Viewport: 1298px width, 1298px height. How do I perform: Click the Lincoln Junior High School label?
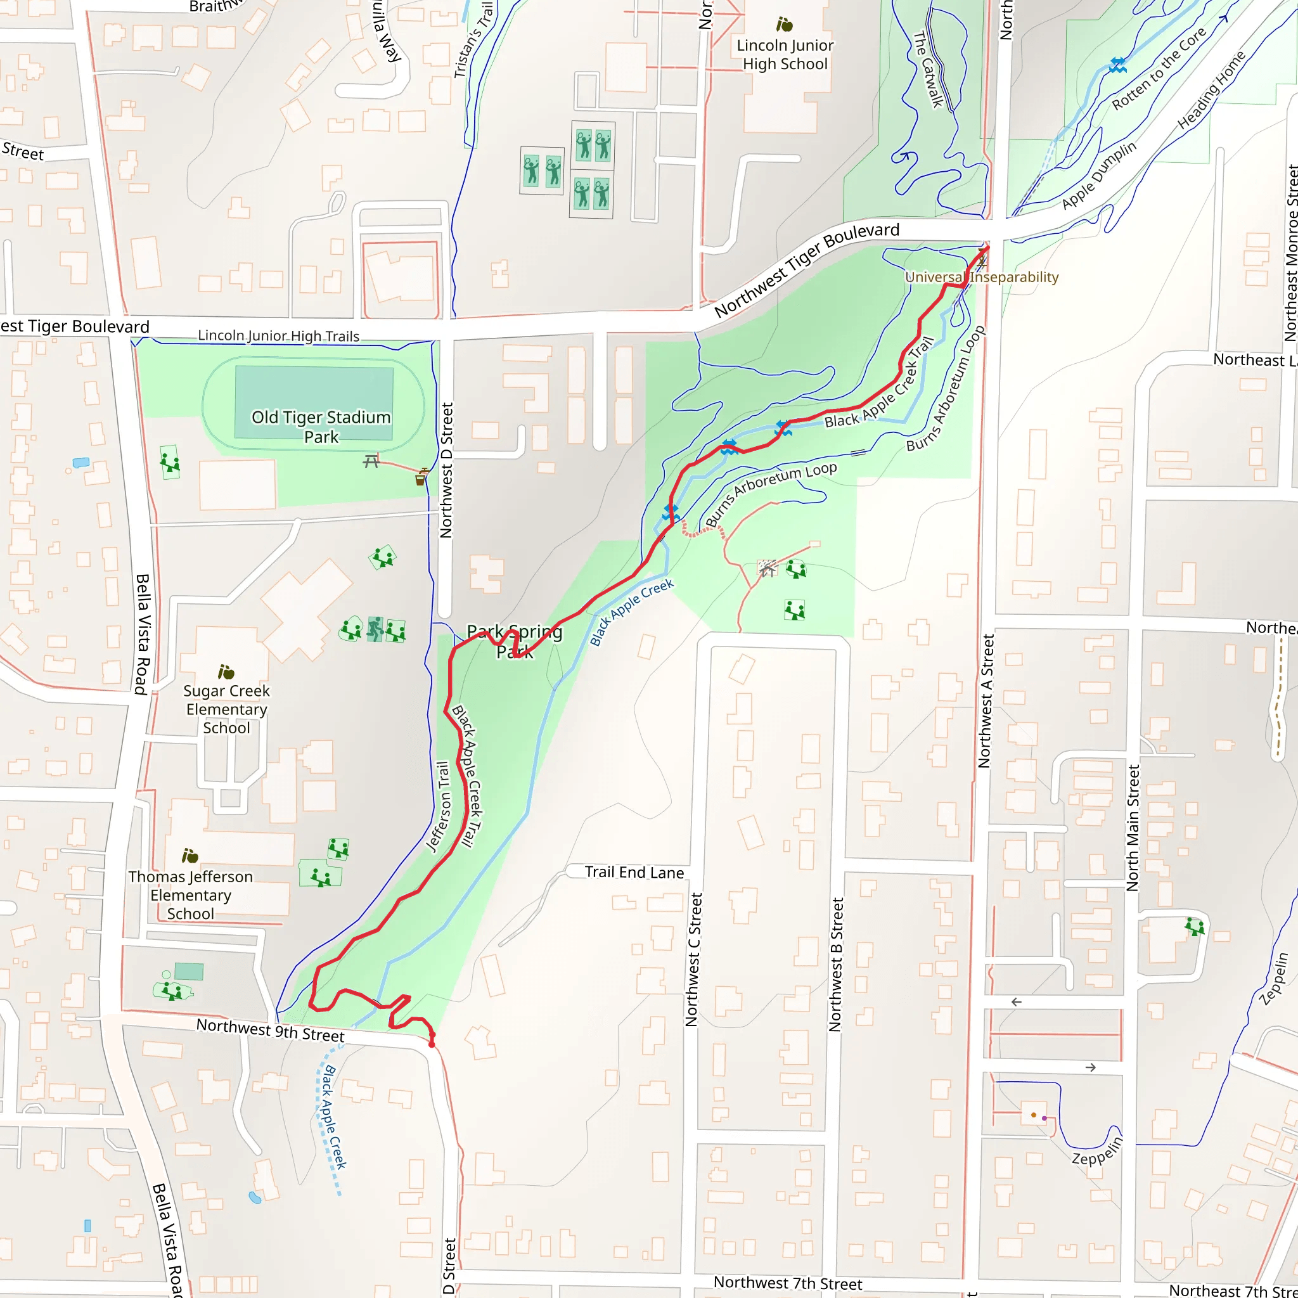pos(785,55)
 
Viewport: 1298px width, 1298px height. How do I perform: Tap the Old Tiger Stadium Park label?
pos(321,427)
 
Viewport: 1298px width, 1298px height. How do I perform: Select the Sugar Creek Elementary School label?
pos(226,709)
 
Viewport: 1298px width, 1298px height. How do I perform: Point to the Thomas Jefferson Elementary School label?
pos(191,895)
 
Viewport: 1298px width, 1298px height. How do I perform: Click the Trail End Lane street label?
pos(634,872)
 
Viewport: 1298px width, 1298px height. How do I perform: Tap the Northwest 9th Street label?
pos(270,1029)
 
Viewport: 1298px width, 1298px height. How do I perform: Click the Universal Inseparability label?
pos(981,277)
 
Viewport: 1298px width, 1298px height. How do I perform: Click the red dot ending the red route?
pos(432,1044)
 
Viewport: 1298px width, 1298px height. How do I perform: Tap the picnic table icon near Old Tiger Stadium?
pos(371,461)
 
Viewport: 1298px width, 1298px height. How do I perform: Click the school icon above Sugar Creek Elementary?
pos(226,672)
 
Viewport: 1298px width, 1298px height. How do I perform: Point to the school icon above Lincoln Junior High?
pos(784,25)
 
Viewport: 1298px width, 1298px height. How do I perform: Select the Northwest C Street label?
pos(693,960)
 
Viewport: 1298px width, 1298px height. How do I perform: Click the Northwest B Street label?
pos(835,964)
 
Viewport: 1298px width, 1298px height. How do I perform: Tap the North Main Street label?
pos(1133,828)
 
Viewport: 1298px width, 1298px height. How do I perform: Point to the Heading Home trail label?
pos(1211,89)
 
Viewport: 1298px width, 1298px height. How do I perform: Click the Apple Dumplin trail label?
pos(1099,175)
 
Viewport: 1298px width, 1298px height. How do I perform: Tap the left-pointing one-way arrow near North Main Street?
pos(1017,1002)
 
